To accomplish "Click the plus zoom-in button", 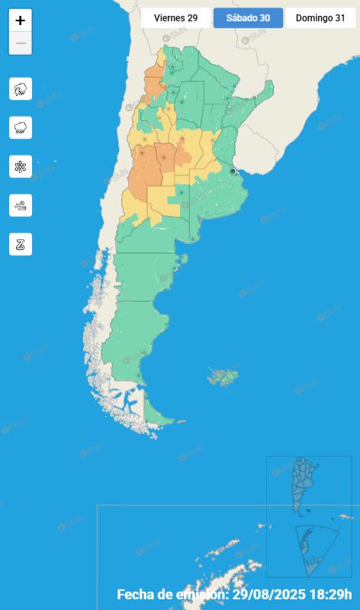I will pos(21,21).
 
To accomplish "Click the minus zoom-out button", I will pos(21,43).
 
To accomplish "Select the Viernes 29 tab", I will pos(175,18).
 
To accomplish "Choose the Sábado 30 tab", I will pos(248,18).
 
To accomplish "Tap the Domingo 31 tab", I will pos(320,18).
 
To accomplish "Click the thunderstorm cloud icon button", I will pos(21,88).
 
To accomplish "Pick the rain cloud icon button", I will pos(21,127).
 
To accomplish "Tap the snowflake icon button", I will pos(21,166).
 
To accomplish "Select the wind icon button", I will pos(21,205).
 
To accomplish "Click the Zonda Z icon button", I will pos(21,244).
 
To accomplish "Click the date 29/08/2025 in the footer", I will pos(270,595).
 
